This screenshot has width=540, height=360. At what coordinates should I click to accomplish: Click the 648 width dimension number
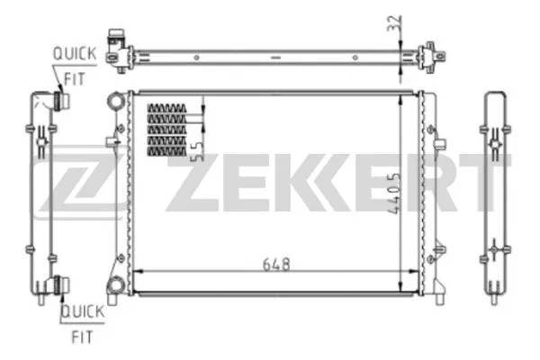(276, 264)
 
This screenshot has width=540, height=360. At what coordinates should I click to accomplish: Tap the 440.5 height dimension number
(393, 189)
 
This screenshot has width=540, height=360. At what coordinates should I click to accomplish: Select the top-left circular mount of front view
(113, 99)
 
